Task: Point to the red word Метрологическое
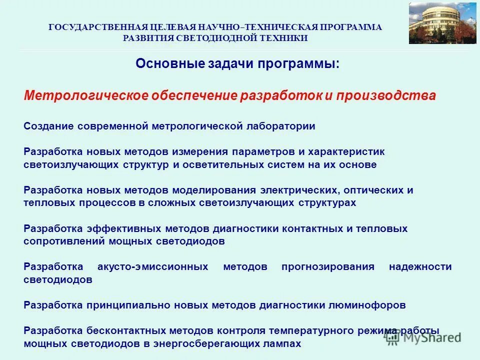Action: coord(85,96)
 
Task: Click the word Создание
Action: coord(48,126)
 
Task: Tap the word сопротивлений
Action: coord(62,241)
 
